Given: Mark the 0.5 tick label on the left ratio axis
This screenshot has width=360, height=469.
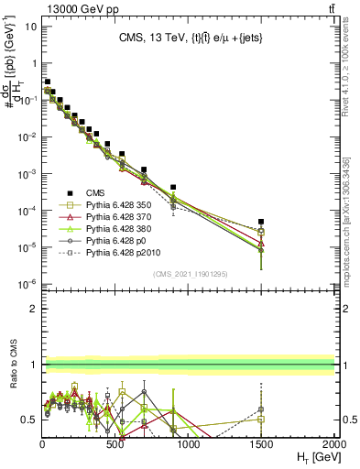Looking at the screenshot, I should coord(28,420).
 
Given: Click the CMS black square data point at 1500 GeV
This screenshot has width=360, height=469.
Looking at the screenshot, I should coord(261,222).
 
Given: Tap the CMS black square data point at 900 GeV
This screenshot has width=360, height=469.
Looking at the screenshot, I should coord(173,187).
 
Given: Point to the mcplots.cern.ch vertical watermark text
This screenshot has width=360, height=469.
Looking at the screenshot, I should coord(351,229).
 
